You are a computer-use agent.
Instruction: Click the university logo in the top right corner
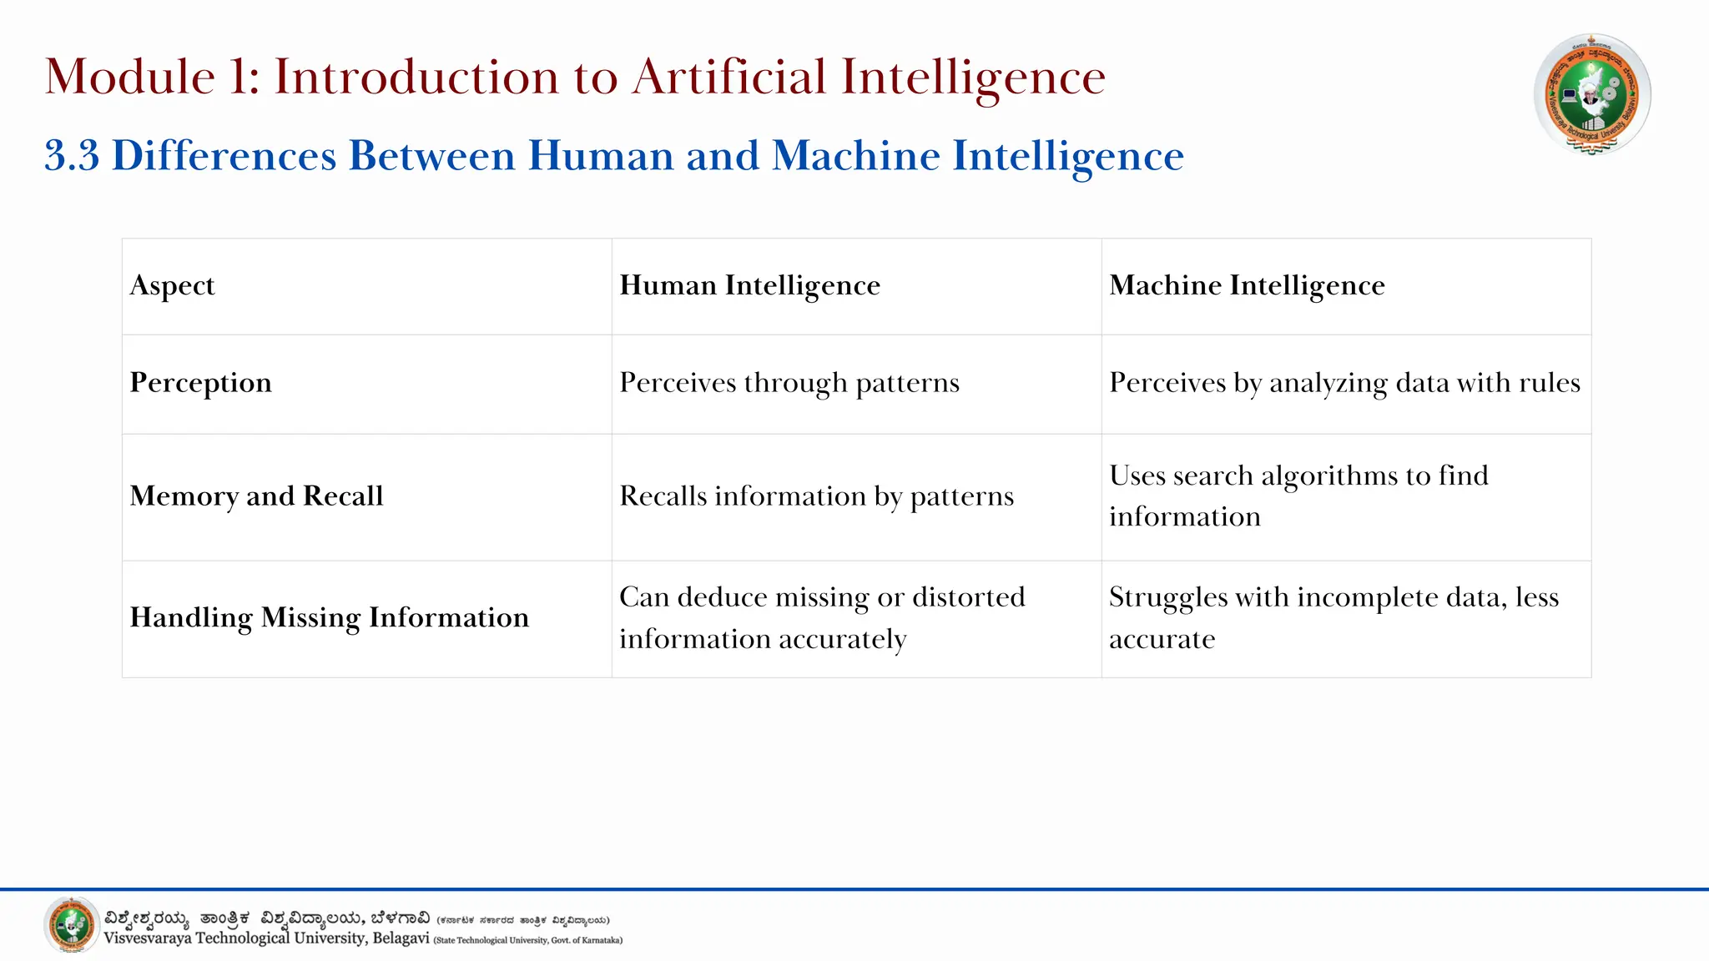coord(1592,94)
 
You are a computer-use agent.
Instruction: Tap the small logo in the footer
coord(72,924)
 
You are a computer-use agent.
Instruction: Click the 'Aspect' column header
coord(173,286)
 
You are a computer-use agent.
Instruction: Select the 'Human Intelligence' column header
coord(749,286)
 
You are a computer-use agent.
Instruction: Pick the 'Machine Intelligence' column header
coord(1247,286)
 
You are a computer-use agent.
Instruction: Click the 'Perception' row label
coord(201,383)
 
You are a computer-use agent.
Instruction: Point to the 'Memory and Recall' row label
coord(257,496)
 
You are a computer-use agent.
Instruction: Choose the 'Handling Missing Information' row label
coord(330,618)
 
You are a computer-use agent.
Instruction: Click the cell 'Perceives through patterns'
coord(789,383)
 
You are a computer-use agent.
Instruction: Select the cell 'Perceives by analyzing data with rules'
coord(1344,383)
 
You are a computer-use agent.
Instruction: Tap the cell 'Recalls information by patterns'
coord(816,496)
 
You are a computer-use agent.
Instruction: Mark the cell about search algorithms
coord(1298,496)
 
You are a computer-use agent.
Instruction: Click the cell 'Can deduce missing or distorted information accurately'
coord(822,617)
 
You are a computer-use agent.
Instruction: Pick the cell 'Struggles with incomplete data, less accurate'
coord(1333,617)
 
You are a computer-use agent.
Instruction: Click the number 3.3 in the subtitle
coord(72,156)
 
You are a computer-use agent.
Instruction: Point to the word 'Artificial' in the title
coord(730,78)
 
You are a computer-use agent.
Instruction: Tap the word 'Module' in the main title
coord(130,78)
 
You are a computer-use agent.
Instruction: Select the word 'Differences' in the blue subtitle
coord(224,156)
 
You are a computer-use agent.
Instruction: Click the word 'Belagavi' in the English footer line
coord(401,938)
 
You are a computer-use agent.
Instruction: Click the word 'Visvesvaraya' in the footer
coord(148,938)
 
